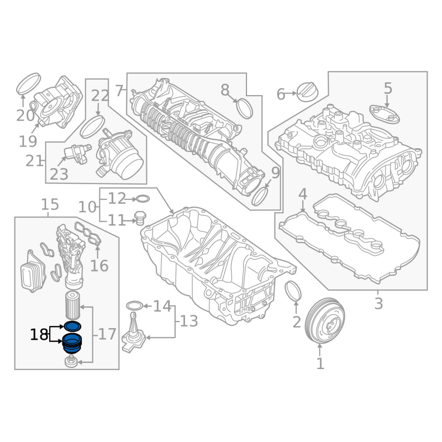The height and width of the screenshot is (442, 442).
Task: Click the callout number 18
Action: coord(39,335)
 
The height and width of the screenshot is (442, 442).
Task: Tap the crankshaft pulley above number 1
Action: coord(325,321)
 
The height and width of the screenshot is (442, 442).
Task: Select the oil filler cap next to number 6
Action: coord(308,92)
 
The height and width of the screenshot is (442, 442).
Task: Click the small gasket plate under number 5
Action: coord(385,114)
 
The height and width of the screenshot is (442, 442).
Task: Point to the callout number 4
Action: coord(302,194)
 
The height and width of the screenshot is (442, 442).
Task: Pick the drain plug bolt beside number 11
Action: coord(140,218)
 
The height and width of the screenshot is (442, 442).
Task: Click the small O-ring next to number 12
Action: coord(143,199)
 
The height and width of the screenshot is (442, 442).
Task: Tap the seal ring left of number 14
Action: coord(135,306)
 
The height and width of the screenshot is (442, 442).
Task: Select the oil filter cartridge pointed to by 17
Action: coord(73,306)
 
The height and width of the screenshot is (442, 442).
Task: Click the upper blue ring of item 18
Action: coord(73,326)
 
